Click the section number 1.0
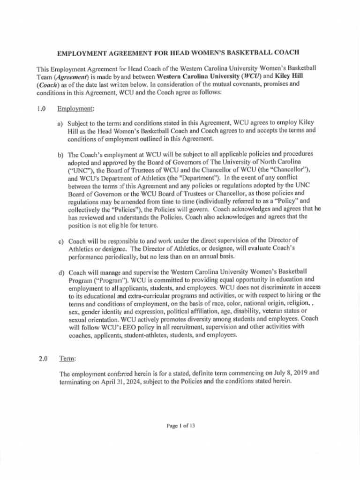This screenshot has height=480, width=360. (41, 109)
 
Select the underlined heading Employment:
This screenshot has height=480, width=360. (75, 109)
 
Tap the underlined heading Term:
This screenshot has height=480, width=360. (67, 359)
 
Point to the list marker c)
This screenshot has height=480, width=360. (60, 241)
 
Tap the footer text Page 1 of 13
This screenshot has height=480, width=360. (180, 426)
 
